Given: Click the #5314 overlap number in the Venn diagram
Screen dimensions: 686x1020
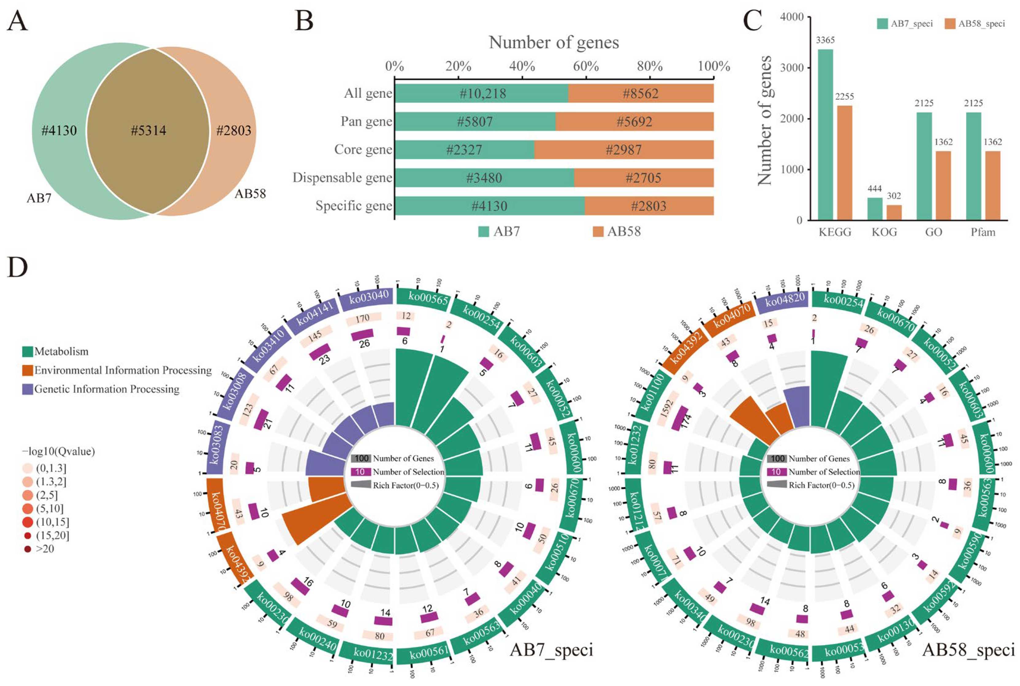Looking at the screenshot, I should point(149,130).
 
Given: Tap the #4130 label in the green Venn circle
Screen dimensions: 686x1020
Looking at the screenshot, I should point(59,130).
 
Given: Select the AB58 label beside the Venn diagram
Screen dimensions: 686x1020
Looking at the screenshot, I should point(250,194).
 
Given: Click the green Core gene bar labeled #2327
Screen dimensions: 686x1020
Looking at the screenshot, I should point(464,150).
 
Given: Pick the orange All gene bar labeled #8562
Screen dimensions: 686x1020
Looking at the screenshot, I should point(641,94).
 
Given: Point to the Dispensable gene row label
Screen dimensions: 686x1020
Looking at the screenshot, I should point(342,178).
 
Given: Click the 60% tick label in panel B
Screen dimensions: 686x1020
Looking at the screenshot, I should point(586,67).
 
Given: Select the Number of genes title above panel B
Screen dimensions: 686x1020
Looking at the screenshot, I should point(554,42).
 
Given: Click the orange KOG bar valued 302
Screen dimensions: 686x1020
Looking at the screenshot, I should point(894,213).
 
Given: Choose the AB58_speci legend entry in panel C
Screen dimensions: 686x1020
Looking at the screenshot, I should point(975,24).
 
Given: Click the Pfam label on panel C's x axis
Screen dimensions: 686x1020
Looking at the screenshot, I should point(983,232).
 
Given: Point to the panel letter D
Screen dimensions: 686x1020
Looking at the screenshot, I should point(17,267).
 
